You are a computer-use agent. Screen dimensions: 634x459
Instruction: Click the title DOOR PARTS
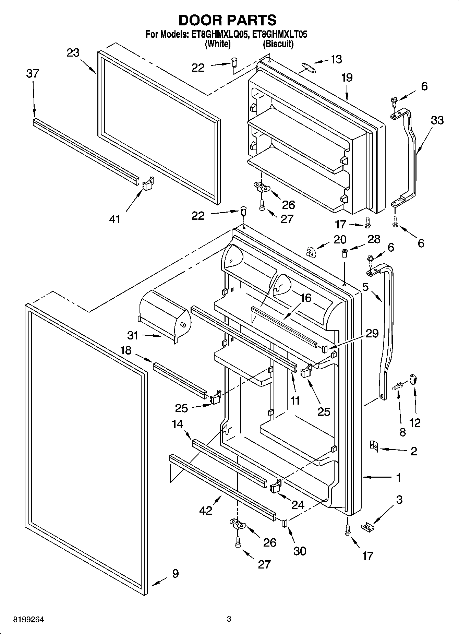[228, 21]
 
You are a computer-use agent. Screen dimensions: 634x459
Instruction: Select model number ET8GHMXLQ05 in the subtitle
[218, 35]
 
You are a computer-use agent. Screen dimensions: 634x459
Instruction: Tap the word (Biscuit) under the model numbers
[278, 44]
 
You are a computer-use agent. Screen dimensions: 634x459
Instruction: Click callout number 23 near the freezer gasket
[73, 53]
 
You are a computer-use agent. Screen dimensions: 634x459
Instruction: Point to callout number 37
[33, 74]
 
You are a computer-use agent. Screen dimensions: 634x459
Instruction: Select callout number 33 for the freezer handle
[437, 120]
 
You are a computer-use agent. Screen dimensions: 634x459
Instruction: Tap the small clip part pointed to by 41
[148, 184]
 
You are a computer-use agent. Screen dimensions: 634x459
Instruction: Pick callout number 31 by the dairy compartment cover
[133, 335]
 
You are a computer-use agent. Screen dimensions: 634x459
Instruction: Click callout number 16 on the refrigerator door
[305, 298]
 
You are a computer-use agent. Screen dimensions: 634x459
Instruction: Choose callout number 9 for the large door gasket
[175, 574]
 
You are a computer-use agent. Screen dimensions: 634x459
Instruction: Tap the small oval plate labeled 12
[413, 380]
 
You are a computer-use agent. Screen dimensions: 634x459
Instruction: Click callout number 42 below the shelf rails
[206, 510]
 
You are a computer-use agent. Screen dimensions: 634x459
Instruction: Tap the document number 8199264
[28, 620]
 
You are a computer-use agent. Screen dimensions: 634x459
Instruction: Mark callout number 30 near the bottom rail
[300, 551]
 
